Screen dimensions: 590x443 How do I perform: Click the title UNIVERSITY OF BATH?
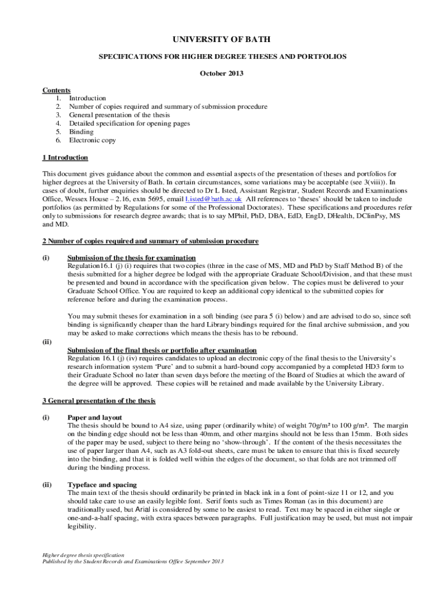point(221,39)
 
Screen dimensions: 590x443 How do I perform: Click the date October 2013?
point(221,73)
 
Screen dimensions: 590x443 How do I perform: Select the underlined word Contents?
point(56,90)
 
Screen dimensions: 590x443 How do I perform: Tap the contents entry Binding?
point(81,131)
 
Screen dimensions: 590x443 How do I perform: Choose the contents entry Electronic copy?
point(93,140)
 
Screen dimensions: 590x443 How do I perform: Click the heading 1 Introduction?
point(65,157)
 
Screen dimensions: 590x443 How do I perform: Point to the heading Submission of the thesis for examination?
point(132,258)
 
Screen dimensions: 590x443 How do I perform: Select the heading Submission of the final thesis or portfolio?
point(162,350)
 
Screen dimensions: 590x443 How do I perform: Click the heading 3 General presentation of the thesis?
point(99,400)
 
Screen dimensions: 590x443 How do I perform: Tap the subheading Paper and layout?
point(94,417)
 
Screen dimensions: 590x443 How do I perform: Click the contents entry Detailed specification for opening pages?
point(129,123)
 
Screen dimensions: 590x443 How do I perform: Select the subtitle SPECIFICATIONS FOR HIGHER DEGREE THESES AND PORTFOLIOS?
point(221,56)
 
